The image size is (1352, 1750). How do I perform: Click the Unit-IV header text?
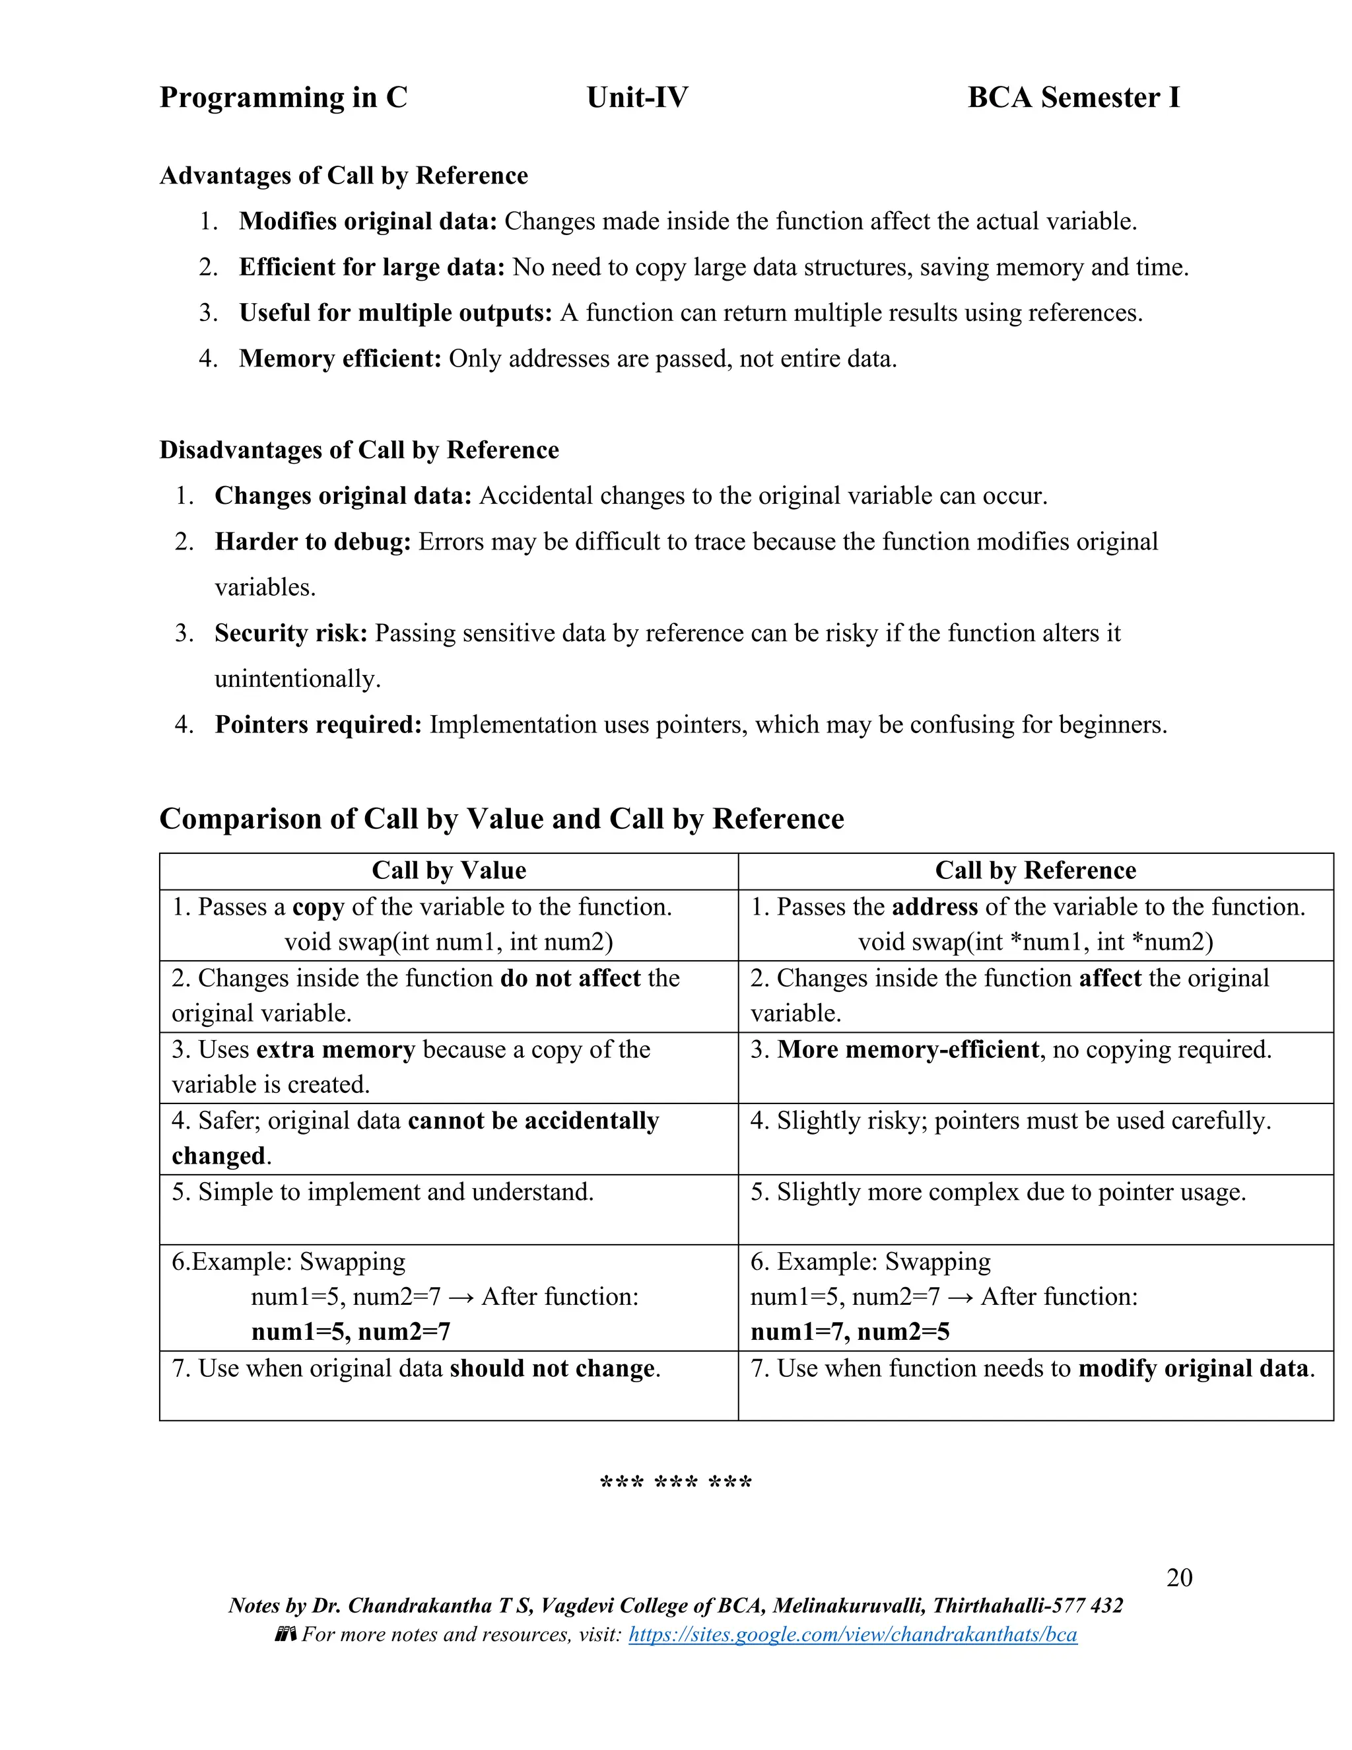pos(637,98)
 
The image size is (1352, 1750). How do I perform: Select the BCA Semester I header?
pos(1073,98)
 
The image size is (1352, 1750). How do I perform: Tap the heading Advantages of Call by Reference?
pos(343,176)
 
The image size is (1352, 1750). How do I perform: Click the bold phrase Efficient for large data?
pos(372,267)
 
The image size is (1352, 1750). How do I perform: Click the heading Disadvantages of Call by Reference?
pos(359,450)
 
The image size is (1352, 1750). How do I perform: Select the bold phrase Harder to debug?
pos(312,542)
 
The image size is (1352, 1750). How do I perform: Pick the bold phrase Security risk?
pos(290,633)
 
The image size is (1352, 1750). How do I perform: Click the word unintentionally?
pos(297,679)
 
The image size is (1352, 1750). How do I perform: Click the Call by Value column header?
pos(448,870)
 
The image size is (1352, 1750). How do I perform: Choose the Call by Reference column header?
pos(1035,870)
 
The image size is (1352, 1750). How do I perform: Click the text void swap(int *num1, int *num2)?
pos(1035,942)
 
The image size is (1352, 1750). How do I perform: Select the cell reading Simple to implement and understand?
pos(383,1191)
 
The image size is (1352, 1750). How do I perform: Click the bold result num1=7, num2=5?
pos(850,1332)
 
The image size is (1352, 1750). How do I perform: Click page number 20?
pos(1179,1577)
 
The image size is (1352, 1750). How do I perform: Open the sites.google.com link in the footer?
pos(852,1634)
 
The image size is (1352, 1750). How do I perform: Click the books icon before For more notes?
pos(285,1634)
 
